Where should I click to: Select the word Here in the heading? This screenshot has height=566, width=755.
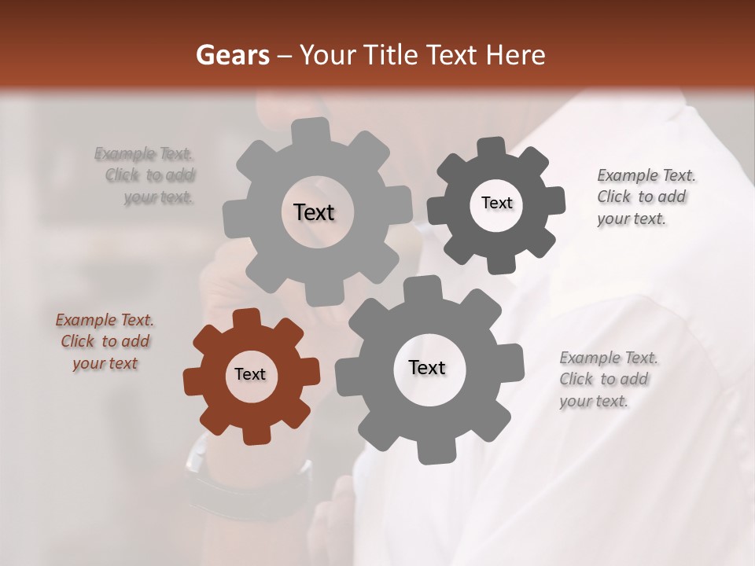516,55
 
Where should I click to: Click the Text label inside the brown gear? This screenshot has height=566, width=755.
250,375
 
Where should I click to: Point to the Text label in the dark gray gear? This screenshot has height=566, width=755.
496,203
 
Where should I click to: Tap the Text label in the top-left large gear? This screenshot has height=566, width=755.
314,212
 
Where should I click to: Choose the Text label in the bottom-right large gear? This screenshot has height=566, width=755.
427,367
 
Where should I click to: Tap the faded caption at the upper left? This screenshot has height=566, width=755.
149,175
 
